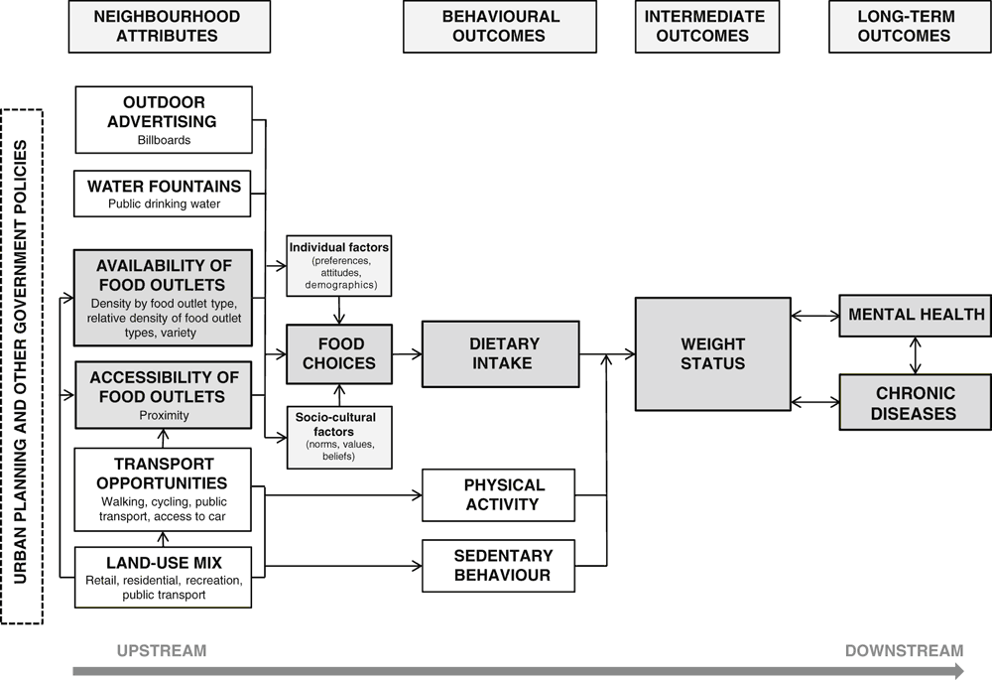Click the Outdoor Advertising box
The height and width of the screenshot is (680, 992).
164,120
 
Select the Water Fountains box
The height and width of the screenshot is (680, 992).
162,194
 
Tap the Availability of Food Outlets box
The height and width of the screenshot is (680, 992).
164,298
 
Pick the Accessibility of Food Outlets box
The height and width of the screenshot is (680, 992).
164,395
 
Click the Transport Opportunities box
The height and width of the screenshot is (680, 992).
163,489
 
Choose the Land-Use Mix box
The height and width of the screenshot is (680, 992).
164,578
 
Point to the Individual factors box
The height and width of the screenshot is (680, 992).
339,267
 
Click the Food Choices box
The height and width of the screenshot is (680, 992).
339,354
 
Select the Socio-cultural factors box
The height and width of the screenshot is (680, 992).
339,438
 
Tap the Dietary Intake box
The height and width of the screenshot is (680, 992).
500,354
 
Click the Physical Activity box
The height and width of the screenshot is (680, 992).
499,495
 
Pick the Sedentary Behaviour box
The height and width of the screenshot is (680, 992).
499,566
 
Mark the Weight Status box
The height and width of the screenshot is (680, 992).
713,354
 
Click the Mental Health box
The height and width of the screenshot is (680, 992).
915,316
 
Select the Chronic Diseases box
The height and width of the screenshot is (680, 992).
915,403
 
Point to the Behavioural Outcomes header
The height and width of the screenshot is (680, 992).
500,26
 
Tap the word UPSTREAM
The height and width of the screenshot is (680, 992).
162,651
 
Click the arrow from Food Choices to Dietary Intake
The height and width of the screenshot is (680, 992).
407,354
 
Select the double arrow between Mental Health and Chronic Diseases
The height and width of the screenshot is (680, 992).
915,355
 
